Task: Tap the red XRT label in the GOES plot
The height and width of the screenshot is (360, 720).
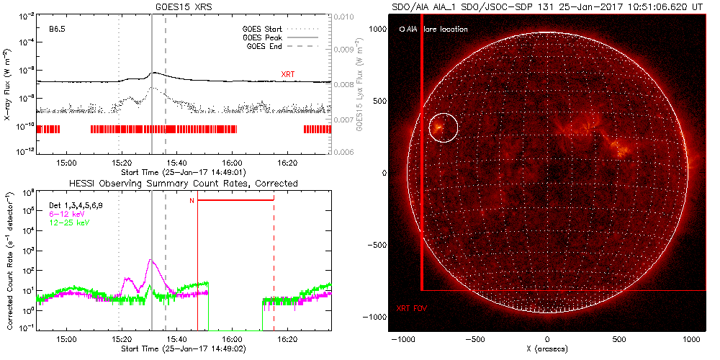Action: [x=287, y=74]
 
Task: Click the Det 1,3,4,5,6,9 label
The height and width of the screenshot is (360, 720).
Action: [x=75, y=205]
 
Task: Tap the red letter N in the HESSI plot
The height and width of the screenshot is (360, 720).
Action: [x=192, y=200]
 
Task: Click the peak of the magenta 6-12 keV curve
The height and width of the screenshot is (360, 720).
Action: [x=150, y=261]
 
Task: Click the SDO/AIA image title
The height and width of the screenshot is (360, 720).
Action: [x=547, y=6]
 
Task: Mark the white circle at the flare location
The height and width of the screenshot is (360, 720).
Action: [x=443, y=127]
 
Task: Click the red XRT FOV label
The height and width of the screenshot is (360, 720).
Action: [x=411, y=308]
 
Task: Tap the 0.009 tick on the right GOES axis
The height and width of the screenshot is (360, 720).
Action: [x=346, y=50]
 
